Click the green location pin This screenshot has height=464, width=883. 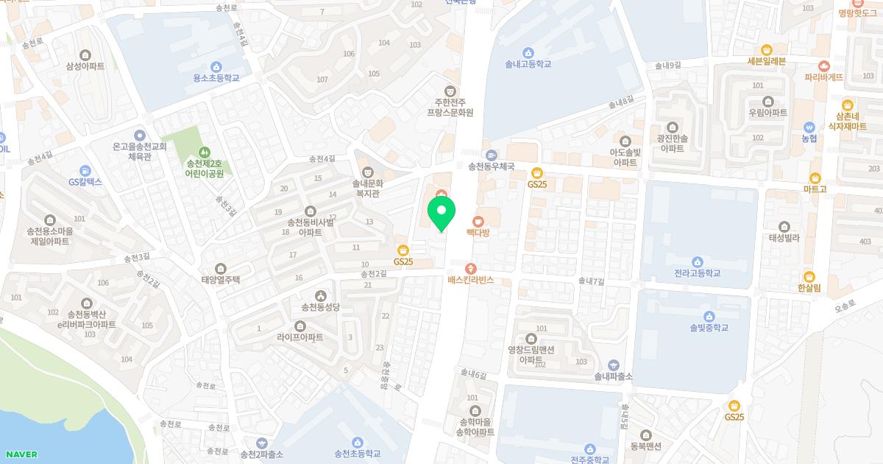[x=441, y=214]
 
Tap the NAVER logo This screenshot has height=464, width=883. [x=21, y=454]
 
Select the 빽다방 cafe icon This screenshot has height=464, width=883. [x=478, y=220]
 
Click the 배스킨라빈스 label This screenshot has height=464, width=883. [x=470, y=281]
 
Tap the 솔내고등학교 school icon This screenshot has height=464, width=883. [x=528, y=52]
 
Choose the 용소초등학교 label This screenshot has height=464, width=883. [x=216, y=78]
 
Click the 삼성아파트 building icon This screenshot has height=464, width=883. [x=85, y=54]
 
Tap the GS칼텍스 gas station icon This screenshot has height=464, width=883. [x=85, y=170]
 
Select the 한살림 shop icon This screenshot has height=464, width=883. [x=809, y=277]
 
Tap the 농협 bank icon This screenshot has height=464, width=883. [x=809, y=126]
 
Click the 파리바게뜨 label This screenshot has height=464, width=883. [x=823, y=77]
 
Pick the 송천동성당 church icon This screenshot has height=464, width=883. [x=320, y=295]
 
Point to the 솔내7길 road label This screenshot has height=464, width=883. [x=591, y=281]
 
